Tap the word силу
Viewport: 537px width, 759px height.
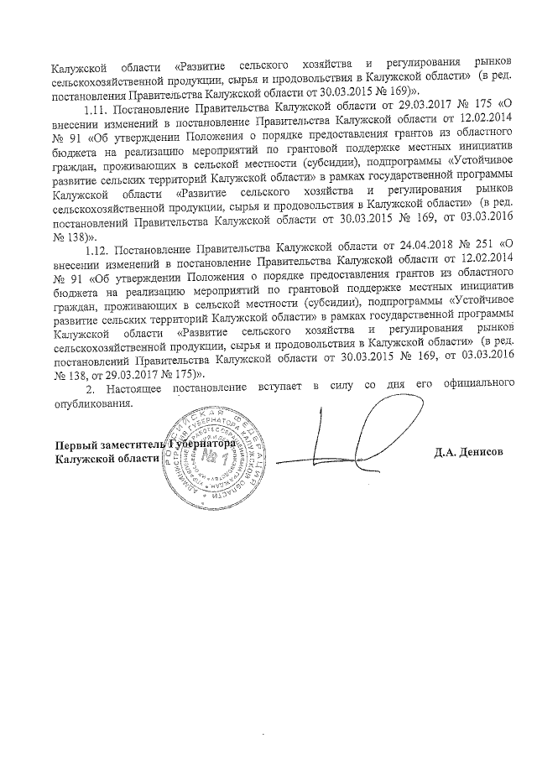pyautogui.click(x=344, y=391)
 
